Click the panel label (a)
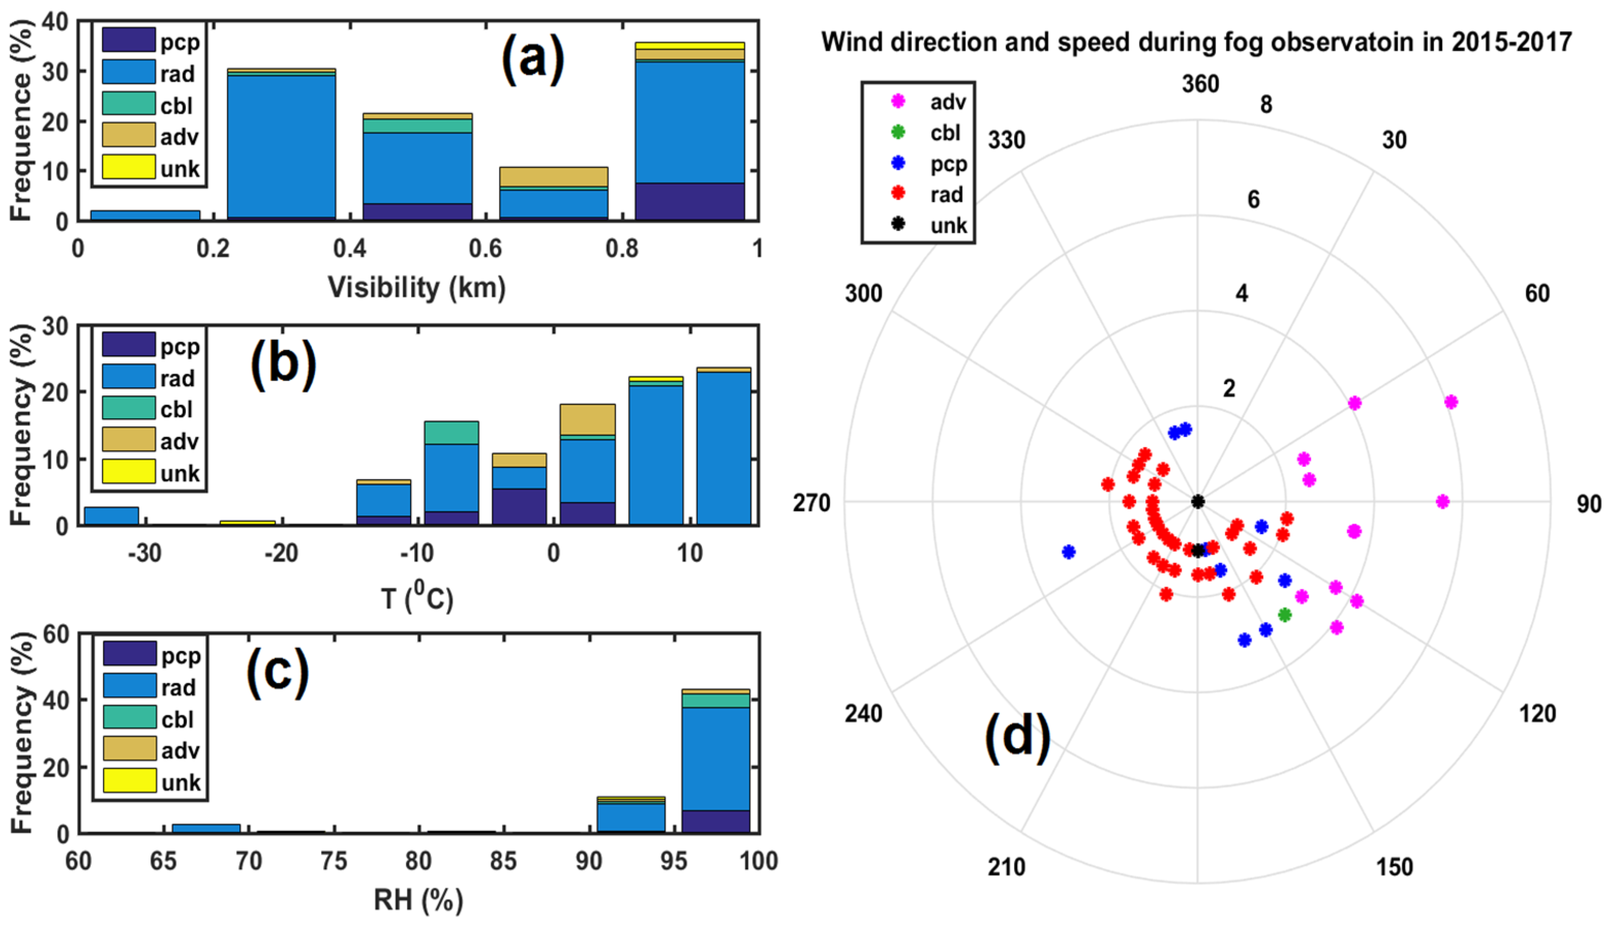(x=533, y=59)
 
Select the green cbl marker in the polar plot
(x=1284, y=614)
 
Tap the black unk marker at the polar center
(x=1197, y=502)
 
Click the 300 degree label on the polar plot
(x=863, y=294)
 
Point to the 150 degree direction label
(x=1394, y=867)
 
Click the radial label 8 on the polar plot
(x=1266, y=104)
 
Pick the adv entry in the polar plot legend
(x=947, y=102)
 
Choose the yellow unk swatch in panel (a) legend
(x=129, y=167)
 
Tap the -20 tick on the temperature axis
(x=281, y=553)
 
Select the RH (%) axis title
(x=418, y=900)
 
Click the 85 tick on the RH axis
(x=503, y=861)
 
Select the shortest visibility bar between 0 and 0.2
(x=145, y=216)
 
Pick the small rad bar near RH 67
(x=206, y=828)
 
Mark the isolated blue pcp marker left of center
(x=1069, y=551)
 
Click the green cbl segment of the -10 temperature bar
(x=451, y=433)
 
